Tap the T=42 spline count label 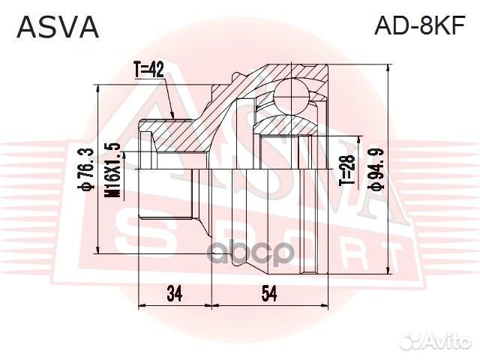[150, 71]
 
